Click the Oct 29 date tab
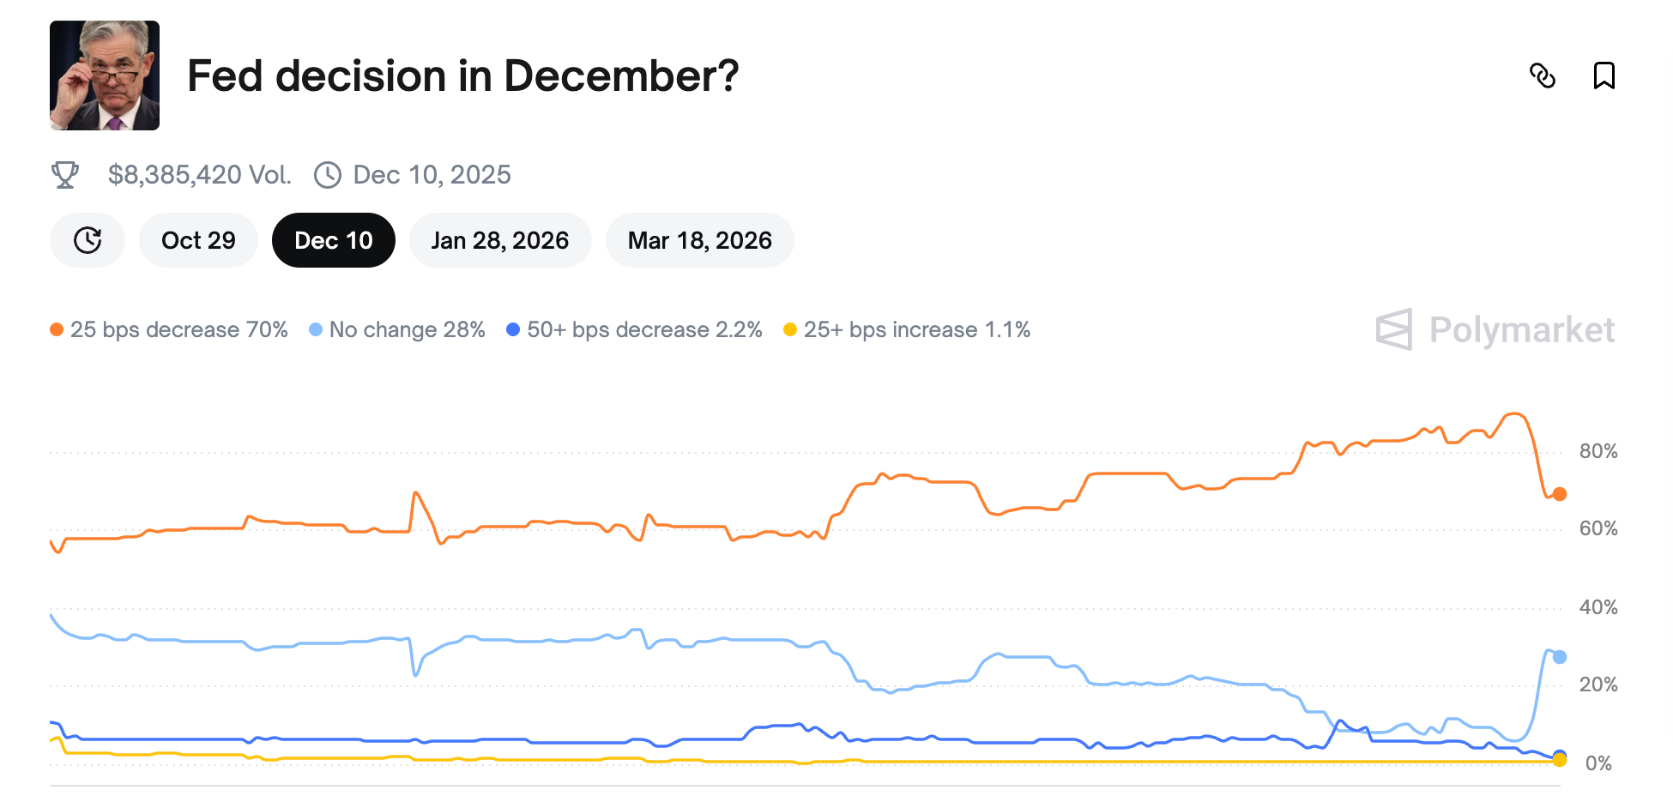198,240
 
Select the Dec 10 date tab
333,240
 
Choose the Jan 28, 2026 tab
499,240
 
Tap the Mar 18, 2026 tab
699,240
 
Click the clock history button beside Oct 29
88,240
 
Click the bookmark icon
1604,75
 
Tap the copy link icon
1543,75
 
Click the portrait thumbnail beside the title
105,75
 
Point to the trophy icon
65,175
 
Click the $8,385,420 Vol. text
199,175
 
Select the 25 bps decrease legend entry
170,329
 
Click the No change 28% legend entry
398,329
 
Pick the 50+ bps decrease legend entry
635,329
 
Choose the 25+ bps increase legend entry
908,329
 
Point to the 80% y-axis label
1598,451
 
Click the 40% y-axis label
1598,607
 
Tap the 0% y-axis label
1598,763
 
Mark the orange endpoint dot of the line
1560,494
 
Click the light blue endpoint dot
1560,657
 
